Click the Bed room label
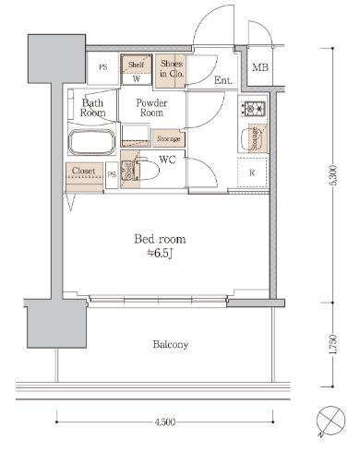point(160,239)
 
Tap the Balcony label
point(171,344)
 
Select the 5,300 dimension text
point(333,175)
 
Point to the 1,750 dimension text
point(333,344)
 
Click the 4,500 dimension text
point(165,422)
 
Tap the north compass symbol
point(330,421)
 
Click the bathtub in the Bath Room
point(91,142)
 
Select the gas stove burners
point(253,109)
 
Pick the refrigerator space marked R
point(252,172)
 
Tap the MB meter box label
point(260,67)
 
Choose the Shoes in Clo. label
point(172,68)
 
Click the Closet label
point(83,171)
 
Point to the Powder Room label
point(151,108)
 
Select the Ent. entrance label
point(223,80)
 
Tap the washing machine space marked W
point(137,78)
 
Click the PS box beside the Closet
point(112,174)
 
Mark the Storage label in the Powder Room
point(169,138)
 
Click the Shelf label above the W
point(136,65)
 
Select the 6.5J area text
point(160,254)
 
